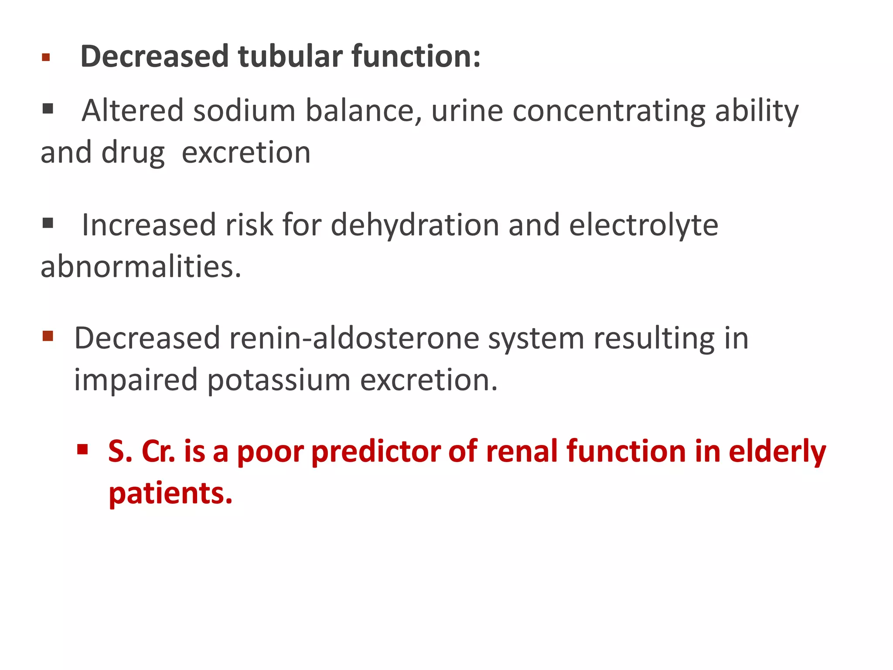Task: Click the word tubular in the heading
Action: (x=290, y=57)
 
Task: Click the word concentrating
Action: (x=609, y=111)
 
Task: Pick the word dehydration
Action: (x=415, y=226)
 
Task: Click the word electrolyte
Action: (x=643, y=226)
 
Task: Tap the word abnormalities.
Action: (x=140, y=267)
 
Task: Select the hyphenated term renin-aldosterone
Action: (x=354, y=338)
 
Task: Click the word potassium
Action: (x=279, y=381)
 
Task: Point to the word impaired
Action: (x=136, y=381)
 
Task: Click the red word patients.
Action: (x=170, y=494)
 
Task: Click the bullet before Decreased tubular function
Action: (x=46, y=57)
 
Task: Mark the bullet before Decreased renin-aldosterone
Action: (x=48, y=336)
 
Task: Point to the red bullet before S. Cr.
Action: (x=82, y=449)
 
